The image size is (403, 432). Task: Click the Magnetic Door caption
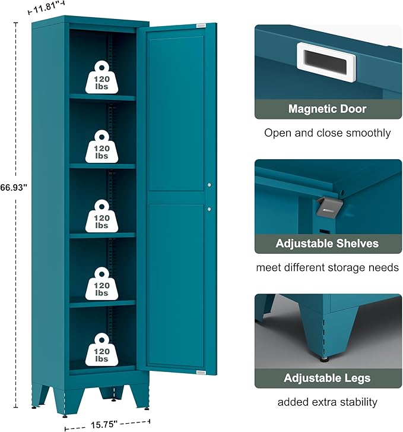327,109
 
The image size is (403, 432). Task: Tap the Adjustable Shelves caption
327,244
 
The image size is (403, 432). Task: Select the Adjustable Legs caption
327,379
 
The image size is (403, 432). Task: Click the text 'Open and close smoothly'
327,133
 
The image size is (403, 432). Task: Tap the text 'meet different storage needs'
327,267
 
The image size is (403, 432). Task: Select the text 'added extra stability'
327,402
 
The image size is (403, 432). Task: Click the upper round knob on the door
210,186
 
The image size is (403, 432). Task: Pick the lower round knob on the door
210,209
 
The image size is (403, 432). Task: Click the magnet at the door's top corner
201,26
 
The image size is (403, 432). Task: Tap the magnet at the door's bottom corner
201,373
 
